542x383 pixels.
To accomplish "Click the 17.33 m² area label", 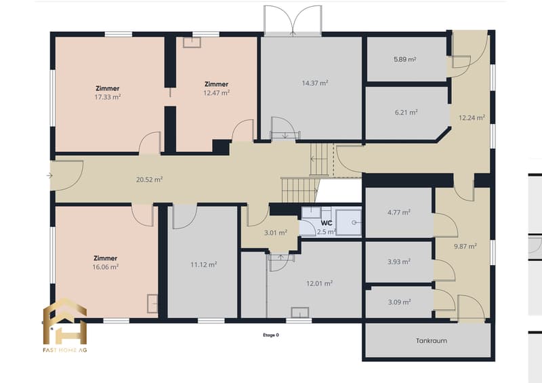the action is coord(108,97).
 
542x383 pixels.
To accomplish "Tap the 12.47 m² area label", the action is coord(216,93).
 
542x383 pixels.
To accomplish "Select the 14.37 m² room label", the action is coord(315,83).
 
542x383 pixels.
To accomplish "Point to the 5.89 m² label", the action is coord(404,59).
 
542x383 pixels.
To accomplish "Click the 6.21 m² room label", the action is coord(406,112).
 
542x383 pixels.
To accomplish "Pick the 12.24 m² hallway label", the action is coord(472,118).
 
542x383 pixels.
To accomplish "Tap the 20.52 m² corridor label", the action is coord(149,180).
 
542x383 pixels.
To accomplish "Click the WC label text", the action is coord(327,223).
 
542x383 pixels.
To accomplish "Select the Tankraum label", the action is coord(432,341).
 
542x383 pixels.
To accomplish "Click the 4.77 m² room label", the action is coord(399,212).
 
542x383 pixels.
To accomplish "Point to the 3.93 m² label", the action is coord(399,262).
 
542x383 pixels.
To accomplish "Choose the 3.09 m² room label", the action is coord(399,302).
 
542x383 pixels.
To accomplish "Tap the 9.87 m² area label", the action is coord(465,246).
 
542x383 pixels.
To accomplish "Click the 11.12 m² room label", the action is coord(204,264).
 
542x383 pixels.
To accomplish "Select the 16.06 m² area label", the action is coord(106,267).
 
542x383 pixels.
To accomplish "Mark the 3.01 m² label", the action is coord(276,233).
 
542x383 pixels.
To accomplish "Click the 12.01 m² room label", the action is coord(319,283).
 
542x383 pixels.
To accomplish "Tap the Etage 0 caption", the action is coord(271,335).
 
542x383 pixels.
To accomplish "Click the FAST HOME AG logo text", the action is coord(65,350).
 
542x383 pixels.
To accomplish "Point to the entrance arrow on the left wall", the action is coord(49,176).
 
